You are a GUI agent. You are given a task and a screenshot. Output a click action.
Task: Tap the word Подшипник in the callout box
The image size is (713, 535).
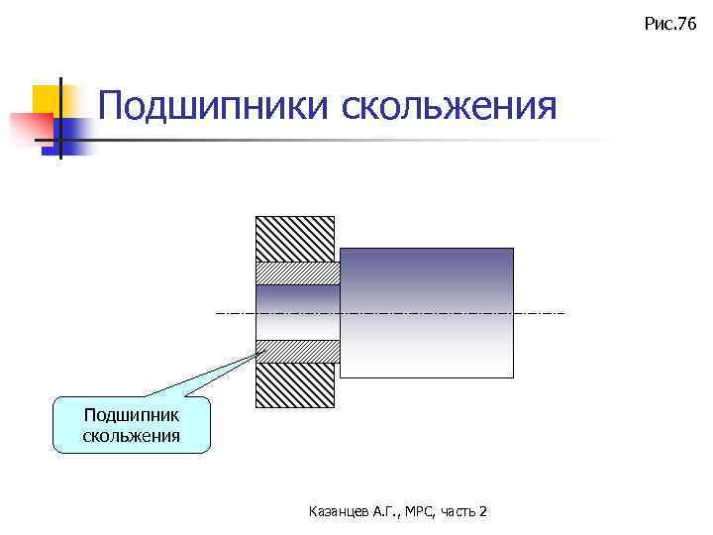coord(132,414)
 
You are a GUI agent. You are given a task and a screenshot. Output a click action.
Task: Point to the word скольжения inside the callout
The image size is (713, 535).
coord(132,435)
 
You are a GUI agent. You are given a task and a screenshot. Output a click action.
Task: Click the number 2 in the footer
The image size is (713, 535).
coord(482,511)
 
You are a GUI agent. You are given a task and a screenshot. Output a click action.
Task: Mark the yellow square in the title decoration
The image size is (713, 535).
coord(47,98)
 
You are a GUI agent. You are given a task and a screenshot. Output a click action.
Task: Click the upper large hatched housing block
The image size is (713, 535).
coord(295,238)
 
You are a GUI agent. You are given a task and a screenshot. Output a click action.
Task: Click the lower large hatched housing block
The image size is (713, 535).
coord(295,385)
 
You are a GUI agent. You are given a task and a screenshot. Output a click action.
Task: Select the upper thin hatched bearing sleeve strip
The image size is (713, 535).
coord(297,272)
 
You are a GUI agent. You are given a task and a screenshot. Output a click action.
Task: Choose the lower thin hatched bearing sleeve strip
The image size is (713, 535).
coord(297,351)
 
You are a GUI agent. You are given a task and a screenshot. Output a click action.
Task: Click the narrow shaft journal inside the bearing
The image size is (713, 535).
coord(297,312)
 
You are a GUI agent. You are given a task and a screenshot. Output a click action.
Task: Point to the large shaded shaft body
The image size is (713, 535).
coord(427,312)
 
